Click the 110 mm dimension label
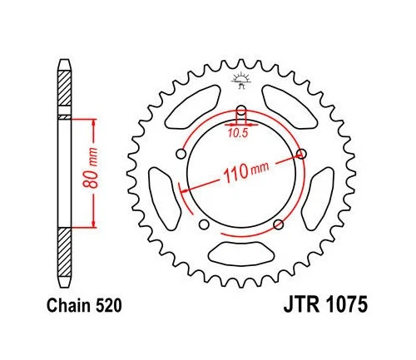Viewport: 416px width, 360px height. tap(245, 172)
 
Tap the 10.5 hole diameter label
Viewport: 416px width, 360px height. tap(238, 134)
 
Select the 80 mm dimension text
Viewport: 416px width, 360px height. tap(91, 168)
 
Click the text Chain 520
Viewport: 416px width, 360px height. tap(84, 306)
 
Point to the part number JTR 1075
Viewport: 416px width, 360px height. tap(325, 304)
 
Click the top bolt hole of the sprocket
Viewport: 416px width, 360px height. tap(241, 110)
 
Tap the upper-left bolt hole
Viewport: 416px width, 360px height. tap(181, 154)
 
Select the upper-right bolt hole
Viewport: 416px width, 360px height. tap(301, 154)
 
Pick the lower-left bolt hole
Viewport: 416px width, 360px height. tap(204, 224)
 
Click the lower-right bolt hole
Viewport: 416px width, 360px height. tap(278, 224)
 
